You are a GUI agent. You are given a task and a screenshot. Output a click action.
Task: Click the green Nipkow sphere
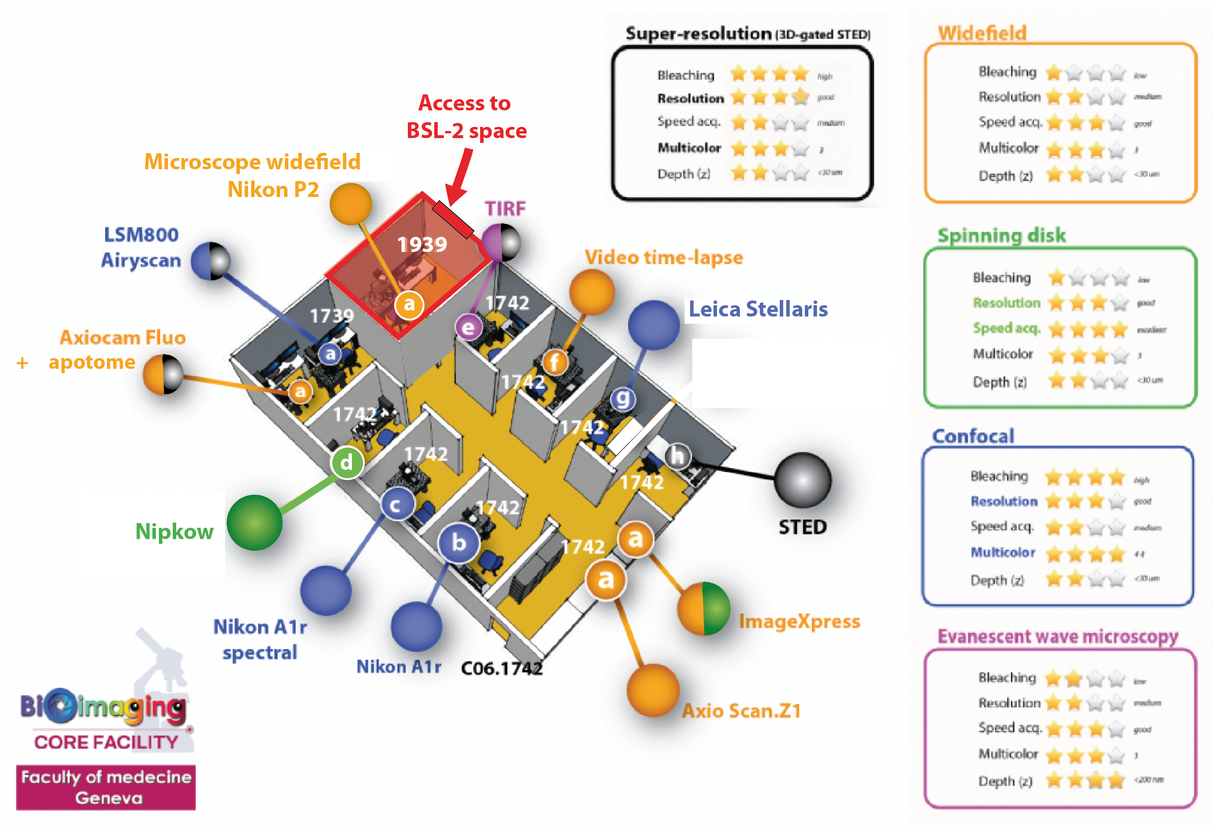(x=255, y=522)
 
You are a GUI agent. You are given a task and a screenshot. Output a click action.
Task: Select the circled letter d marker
(x=347, y=462)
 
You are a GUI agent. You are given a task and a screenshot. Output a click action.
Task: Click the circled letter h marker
(x=678, y=456)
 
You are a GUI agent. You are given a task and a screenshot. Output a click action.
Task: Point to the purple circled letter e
(x=468, y=327)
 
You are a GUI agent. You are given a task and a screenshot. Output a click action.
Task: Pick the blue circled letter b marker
(x=458, y=542)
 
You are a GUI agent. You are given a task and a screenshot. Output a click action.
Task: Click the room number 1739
(x=332, y=316)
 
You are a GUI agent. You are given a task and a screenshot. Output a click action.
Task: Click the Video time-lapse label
(x=663, y=258)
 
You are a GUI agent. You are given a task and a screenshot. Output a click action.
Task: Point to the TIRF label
(x=505, y=208)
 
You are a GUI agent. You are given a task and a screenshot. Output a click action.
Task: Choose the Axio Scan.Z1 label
(x=741, y=711)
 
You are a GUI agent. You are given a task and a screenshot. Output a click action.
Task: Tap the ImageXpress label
(x=799, y=622)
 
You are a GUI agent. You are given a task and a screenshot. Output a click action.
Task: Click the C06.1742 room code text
(x=501, y=668)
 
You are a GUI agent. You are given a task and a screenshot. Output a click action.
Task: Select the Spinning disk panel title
(x=1001, y=235)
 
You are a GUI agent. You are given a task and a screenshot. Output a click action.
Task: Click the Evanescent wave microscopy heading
(x=1058, y=636)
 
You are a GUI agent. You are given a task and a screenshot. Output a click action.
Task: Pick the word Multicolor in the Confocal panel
(x=1002, y=552)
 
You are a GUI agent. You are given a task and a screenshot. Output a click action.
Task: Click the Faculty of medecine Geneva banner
(x=106, y=788)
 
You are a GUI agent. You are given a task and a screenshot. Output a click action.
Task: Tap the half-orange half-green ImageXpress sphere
(x=703, y=608)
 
